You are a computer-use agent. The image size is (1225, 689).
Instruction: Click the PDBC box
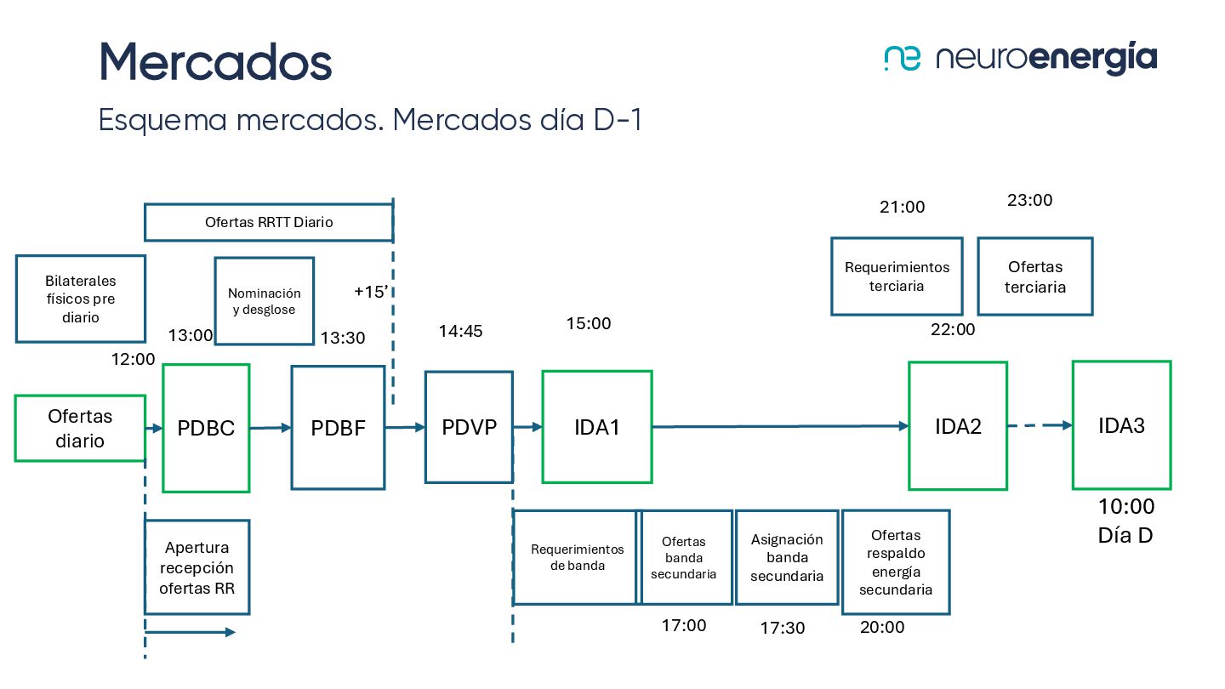pos(206,428)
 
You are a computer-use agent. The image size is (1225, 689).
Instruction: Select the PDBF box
pos(338,428)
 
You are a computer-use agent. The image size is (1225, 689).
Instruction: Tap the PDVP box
pos(469,427)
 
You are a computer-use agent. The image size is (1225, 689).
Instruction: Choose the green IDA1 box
pos(597,427)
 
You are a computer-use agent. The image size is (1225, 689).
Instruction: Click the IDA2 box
pos(958,426)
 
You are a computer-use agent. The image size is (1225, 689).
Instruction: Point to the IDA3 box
pos(1121,425)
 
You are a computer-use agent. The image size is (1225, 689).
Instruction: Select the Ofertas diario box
pos(80,428)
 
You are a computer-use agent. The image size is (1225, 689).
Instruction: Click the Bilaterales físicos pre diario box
pos(81,299)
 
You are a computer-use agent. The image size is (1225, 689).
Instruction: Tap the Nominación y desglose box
pos(264,301)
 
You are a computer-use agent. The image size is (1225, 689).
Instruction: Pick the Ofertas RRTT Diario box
pos(269,222)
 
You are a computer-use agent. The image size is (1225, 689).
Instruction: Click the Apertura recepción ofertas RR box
pos(197,567)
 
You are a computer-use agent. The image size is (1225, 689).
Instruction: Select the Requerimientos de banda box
pos(576,557)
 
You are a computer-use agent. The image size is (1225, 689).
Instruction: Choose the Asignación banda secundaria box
pos(787,557)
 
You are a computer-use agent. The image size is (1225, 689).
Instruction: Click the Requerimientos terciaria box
pos(897,276)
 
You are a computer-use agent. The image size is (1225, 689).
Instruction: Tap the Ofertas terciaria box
pos(1034,276)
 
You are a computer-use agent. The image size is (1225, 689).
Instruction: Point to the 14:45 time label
pos(460,331)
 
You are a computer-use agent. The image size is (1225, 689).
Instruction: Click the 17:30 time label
pos(782,628)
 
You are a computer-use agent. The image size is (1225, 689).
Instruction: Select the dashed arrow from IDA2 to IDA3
pos(1040,425)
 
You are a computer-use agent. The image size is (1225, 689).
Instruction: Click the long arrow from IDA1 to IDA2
pos(778,426)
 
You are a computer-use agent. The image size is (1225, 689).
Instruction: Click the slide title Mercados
pos(215,61)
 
